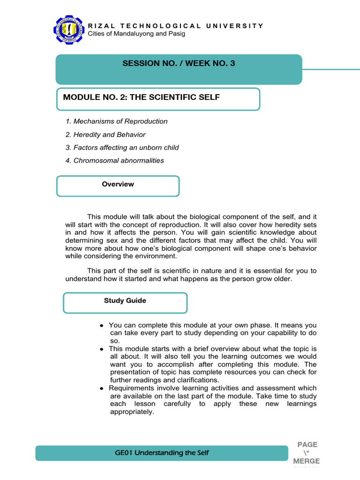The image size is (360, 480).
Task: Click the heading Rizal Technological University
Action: (176, 26)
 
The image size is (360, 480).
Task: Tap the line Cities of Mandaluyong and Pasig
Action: (136, 34)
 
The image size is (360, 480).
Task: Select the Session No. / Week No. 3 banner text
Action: (179, 64)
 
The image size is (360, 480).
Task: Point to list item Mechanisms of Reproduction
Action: (117, 121)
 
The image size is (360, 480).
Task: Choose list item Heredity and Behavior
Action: (106, 135)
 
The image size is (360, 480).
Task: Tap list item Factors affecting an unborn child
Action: (122, 148)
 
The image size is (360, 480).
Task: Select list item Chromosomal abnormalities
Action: (115, 160)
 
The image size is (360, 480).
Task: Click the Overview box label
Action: (118, 184)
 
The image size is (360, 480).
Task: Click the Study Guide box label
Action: (125, 300)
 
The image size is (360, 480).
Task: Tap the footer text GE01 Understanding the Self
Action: (162, 453)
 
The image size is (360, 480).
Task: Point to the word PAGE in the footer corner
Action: (307, 444)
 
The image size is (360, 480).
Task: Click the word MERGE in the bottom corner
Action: (306, 462)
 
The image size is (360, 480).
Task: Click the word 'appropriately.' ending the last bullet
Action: (132, 412)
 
